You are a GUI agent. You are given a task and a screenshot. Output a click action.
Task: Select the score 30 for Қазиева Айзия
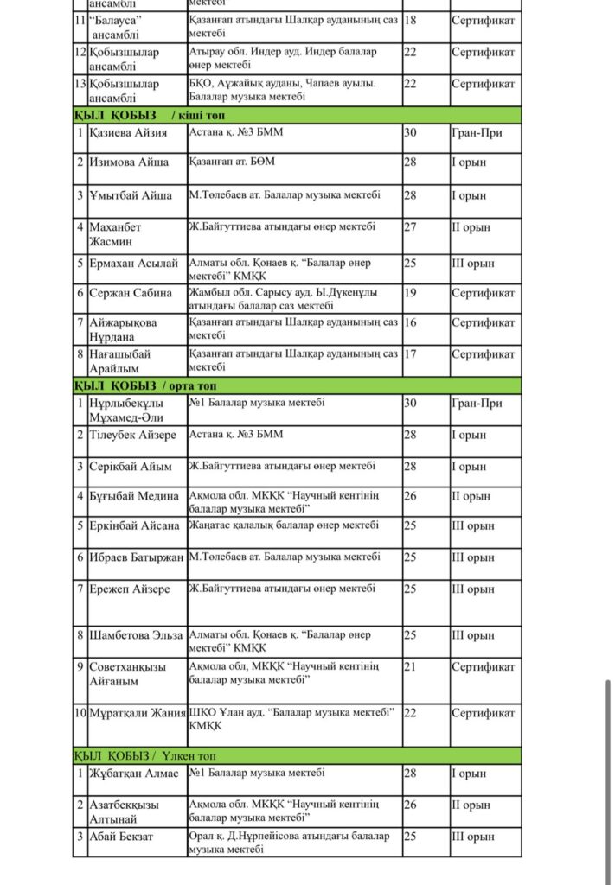point(411,133)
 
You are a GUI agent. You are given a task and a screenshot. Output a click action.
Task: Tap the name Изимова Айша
point(130,162)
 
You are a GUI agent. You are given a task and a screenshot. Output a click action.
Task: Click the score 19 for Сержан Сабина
point(411,293)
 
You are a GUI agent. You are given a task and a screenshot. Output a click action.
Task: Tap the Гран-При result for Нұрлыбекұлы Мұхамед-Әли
point(477,403)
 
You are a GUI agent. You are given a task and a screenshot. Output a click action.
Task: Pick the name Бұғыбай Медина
point(134,496)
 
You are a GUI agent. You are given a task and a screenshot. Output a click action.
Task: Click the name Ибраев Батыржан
point(137,557)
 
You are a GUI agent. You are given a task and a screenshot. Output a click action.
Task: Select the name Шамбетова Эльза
point(136,635)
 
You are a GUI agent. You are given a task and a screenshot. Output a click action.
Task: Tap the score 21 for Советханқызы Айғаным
point(411,667)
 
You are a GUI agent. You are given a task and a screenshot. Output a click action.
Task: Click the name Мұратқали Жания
point(137,713)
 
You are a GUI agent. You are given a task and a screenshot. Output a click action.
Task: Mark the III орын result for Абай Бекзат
point(472,837)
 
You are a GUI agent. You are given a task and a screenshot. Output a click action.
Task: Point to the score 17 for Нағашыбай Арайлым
point(411,353)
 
